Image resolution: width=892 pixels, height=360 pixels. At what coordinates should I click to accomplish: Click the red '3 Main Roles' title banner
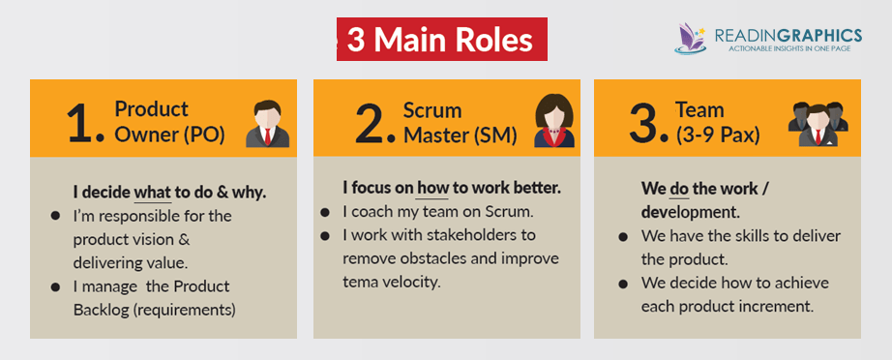(x=442, y=41)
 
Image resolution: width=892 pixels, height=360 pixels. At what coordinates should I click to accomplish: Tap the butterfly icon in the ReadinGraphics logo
(x=693, y=38)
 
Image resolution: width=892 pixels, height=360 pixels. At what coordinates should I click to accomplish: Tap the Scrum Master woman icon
(x=553, y=121)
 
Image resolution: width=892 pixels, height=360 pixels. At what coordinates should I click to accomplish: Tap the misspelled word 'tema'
(x=360, y=282)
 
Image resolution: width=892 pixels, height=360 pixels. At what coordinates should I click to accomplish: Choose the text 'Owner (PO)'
(x=169, y=135)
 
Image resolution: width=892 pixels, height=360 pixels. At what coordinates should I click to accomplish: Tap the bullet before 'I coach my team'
(x=326, y=212)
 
